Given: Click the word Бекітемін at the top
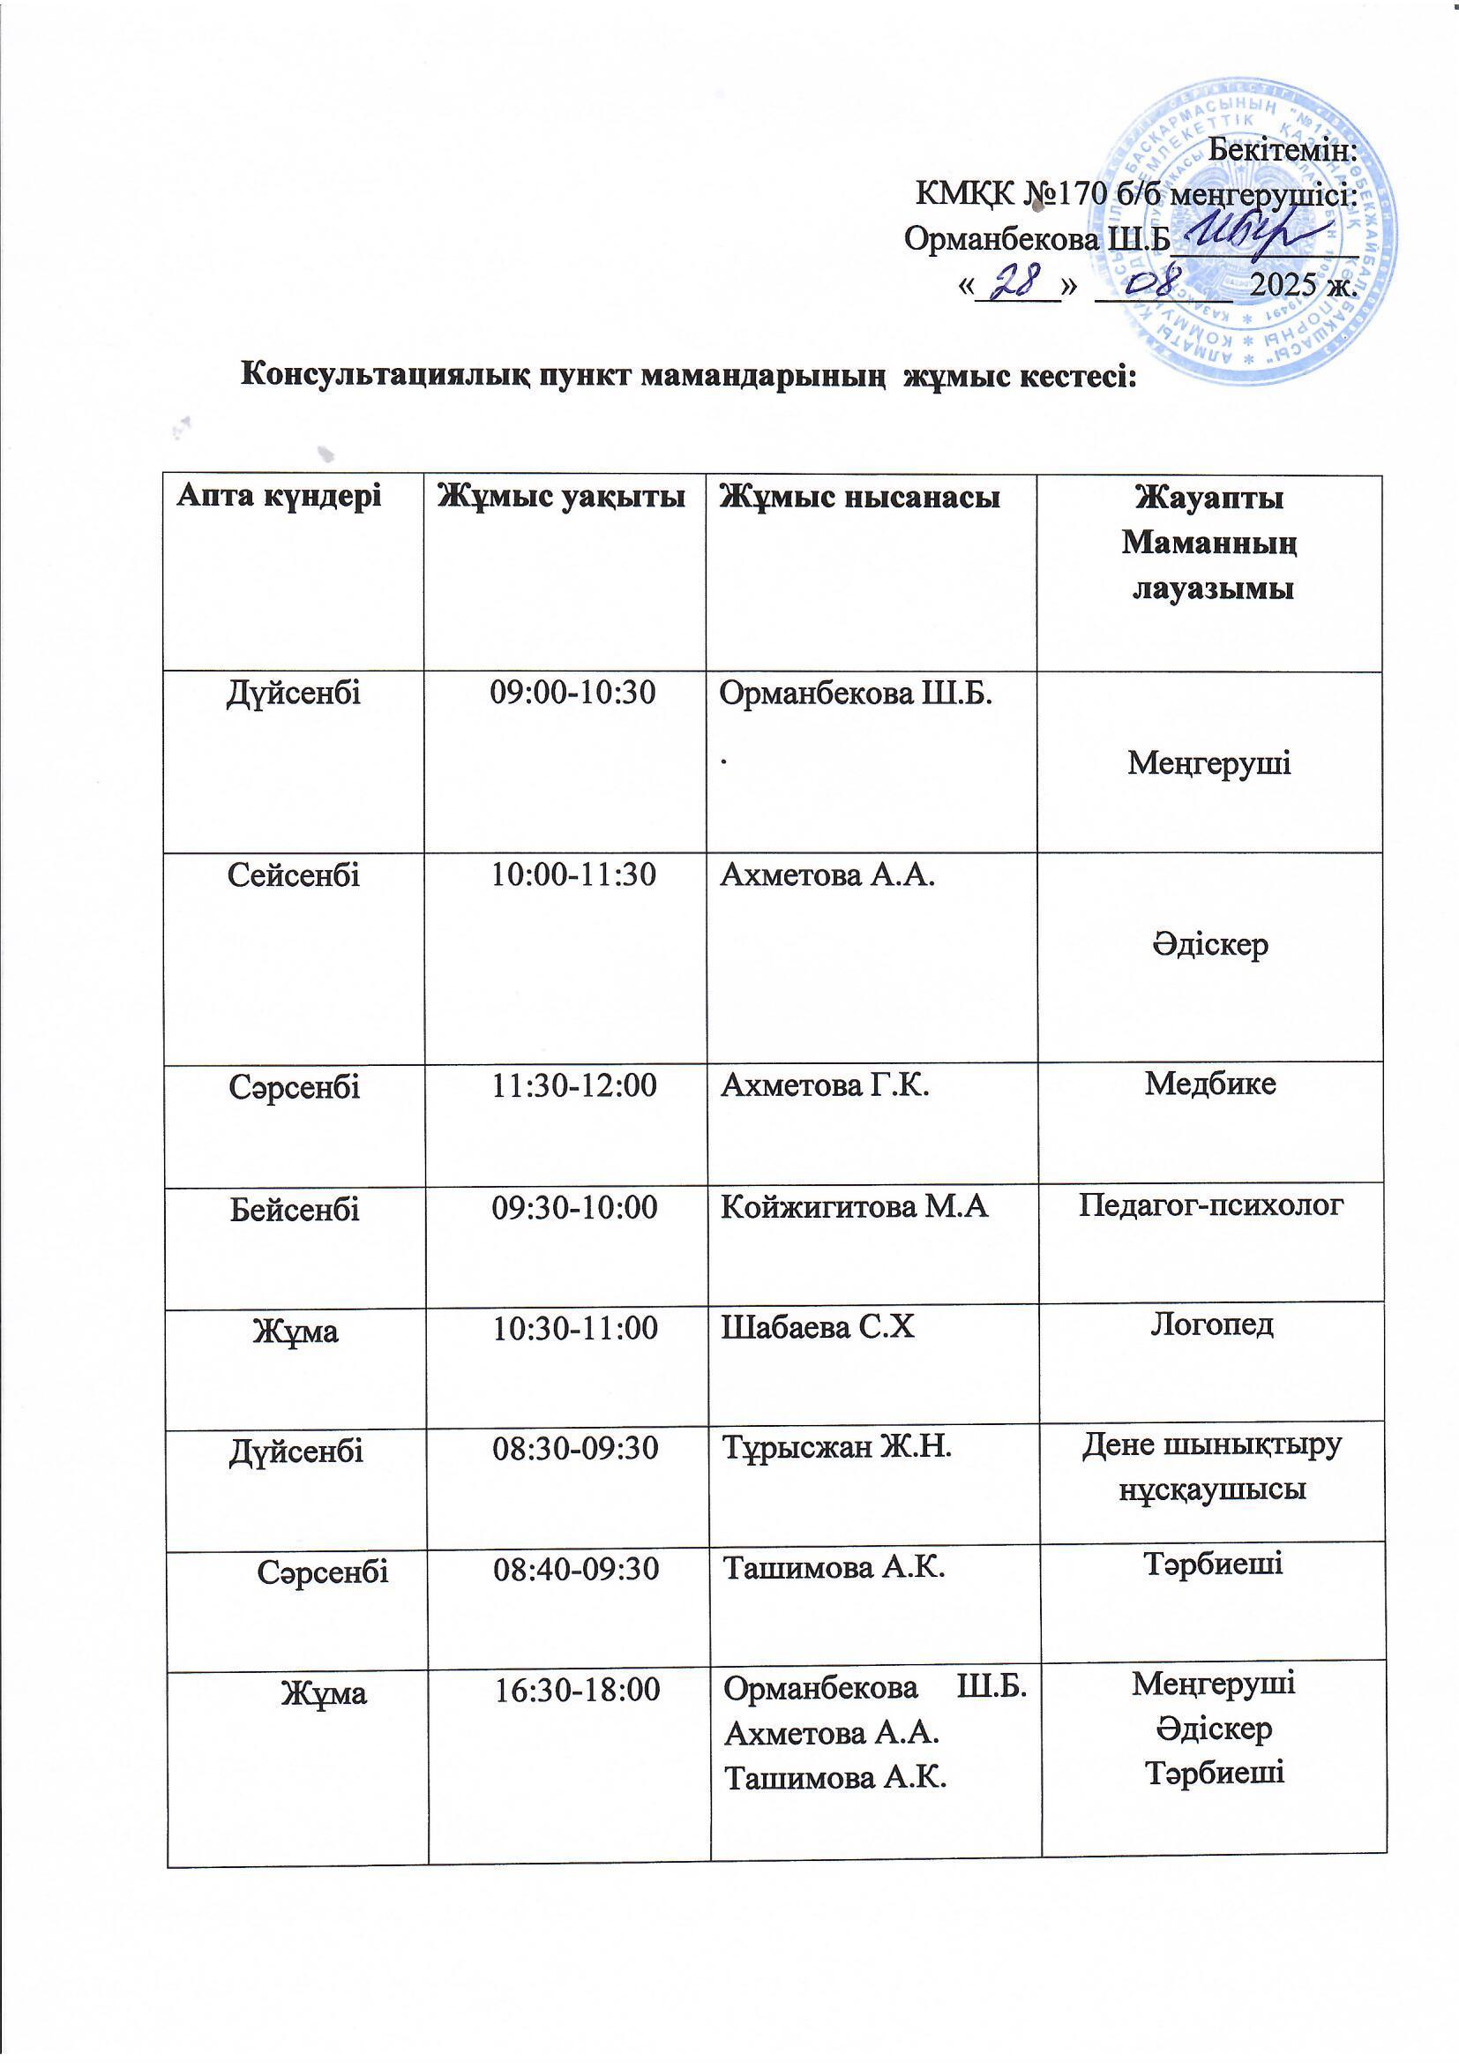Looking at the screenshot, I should coord(1283,151).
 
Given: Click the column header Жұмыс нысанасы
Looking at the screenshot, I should coord(862,496).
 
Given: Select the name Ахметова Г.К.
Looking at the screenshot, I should coord(825,1086).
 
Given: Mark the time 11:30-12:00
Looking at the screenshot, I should coord(574,1086).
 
